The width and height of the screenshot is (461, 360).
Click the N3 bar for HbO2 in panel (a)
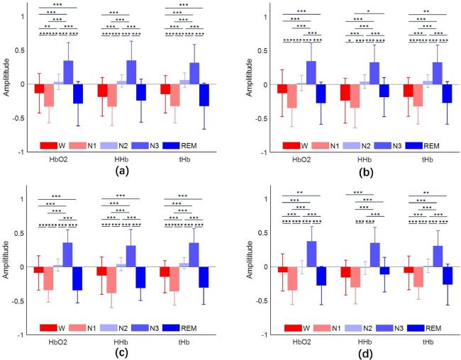[x=68, y=72]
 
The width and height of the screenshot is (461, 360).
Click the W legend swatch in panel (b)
[x=288, y=145]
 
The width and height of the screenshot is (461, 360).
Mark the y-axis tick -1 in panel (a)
[x=21, y=152]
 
